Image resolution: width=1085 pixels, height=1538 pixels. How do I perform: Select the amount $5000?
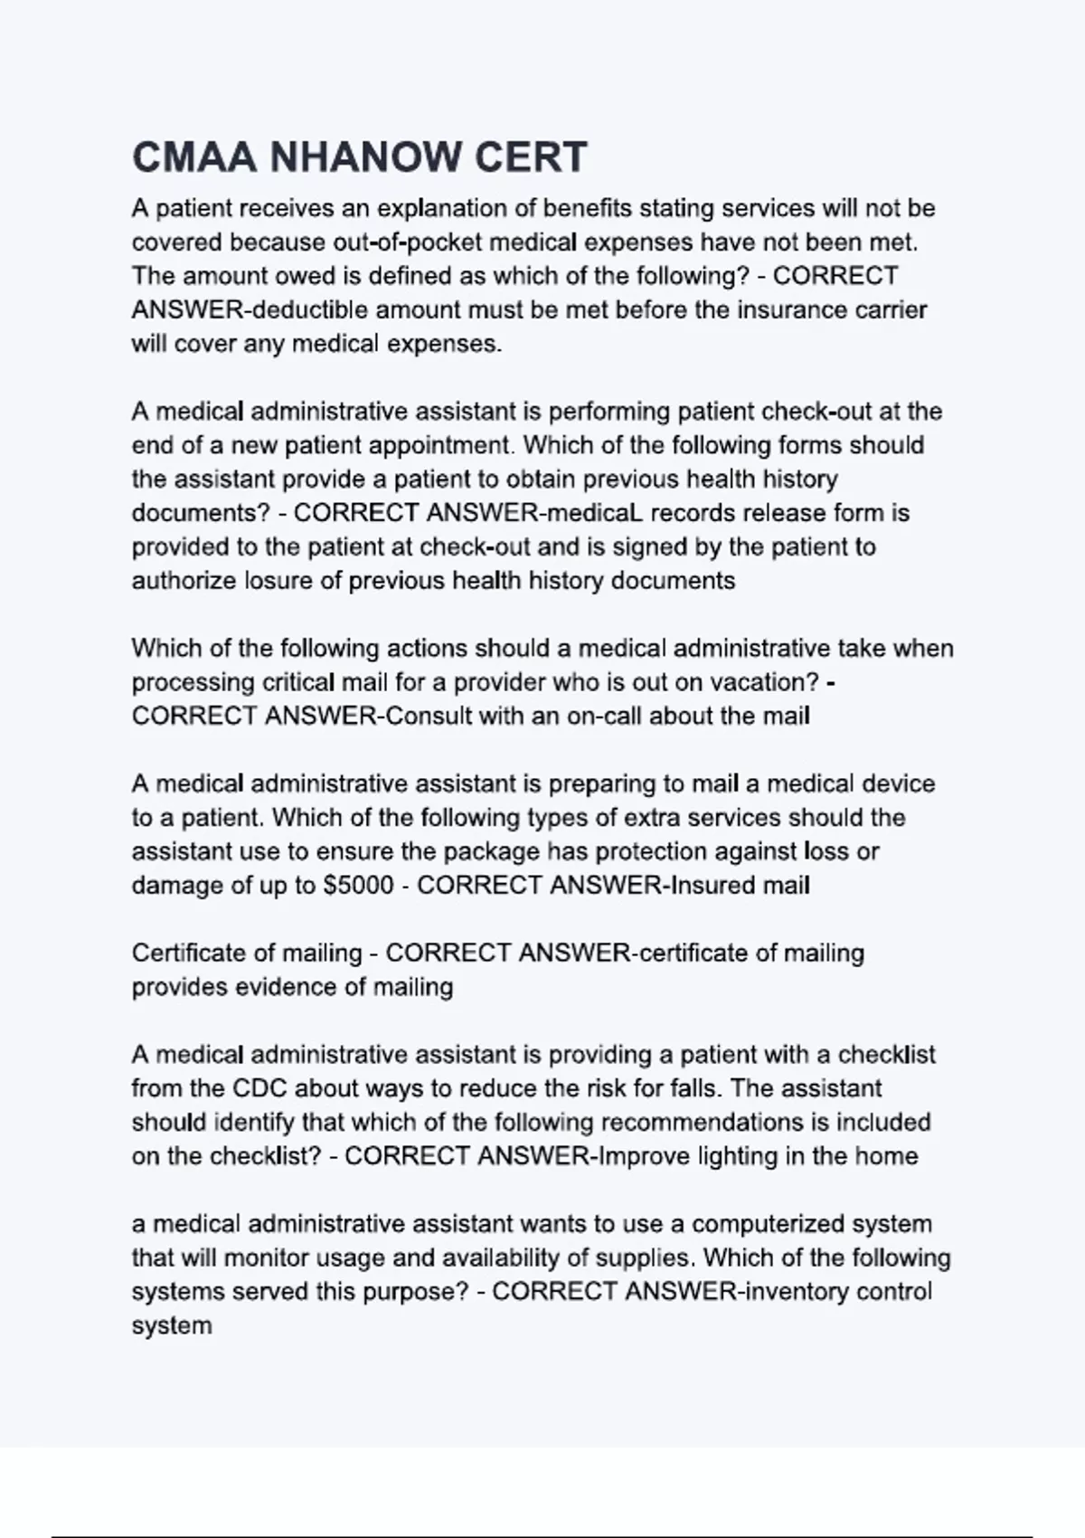pos(358,885)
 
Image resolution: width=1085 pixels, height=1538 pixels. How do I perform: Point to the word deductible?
pos(310,310)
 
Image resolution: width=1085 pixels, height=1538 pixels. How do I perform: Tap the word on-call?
pos(604,716)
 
